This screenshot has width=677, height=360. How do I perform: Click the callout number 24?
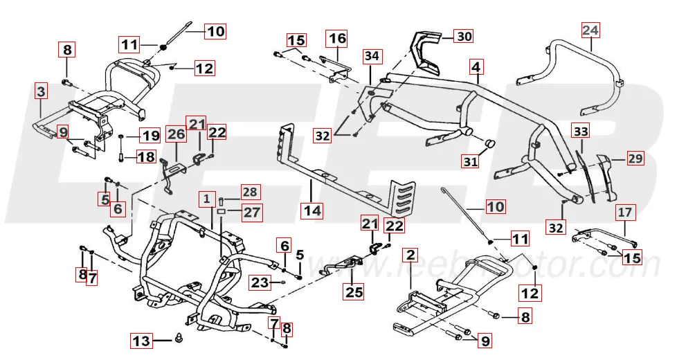[x=590, y=30]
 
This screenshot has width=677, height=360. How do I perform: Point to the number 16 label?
[x=337, y=37]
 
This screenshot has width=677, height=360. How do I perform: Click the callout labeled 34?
[x=372, y=55]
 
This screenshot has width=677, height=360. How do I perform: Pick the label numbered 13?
[x=141, y=341]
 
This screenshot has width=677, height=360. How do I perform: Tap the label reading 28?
[x=249, y=190]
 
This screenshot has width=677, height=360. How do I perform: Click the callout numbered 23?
[x=259, y=282]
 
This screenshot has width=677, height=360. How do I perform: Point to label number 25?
[x=354, y=292]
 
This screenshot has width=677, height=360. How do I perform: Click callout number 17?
[x=624, y=213]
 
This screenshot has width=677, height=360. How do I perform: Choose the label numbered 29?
[x=635, y=158]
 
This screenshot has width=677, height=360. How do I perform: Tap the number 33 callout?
[x=581, y=131]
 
